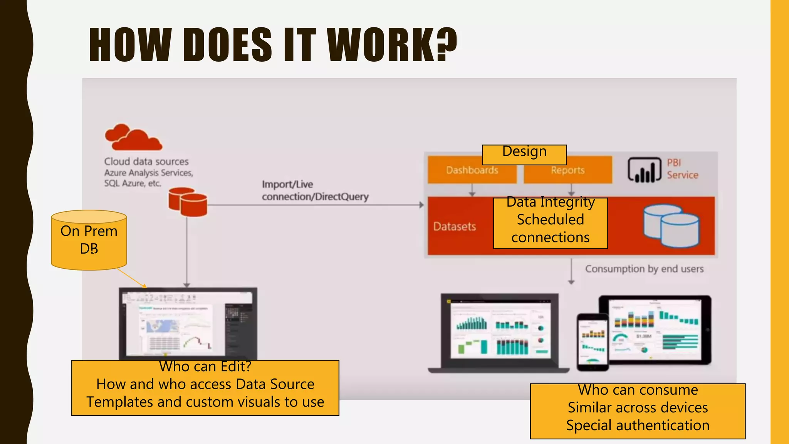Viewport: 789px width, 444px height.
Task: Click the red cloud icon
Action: [x=133, y=138]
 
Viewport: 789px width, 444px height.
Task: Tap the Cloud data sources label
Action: [x=146, y=161]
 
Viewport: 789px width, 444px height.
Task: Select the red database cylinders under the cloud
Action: [x=188, y=202]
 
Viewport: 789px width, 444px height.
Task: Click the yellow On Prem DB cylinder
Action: [x=89, y=240]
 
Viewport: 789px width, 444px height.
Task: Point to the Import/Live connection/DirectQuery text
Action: [x=315, y=190]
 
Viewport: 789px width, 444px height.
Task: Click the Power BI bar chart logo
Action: [x=644, y=170]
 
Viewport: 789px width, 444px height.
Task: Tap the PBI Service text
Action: [x=682, y=169]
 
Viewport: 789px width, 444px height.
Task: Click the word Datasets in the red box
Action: [x=455, y=226]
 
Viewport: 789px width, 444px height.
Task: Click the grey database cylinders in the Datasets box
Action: [x=671, y=225]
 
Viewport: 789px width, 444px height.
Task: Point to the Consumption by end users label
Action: [x=644, y=269]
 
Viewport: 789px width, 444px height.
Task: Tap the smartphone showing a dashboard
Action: [x=593, y=342]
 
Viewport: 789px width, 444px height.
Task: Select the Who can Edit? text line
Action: [x=205, y=367]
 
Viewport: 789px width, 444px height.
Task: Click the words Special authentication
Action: [x=638, y=425]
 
